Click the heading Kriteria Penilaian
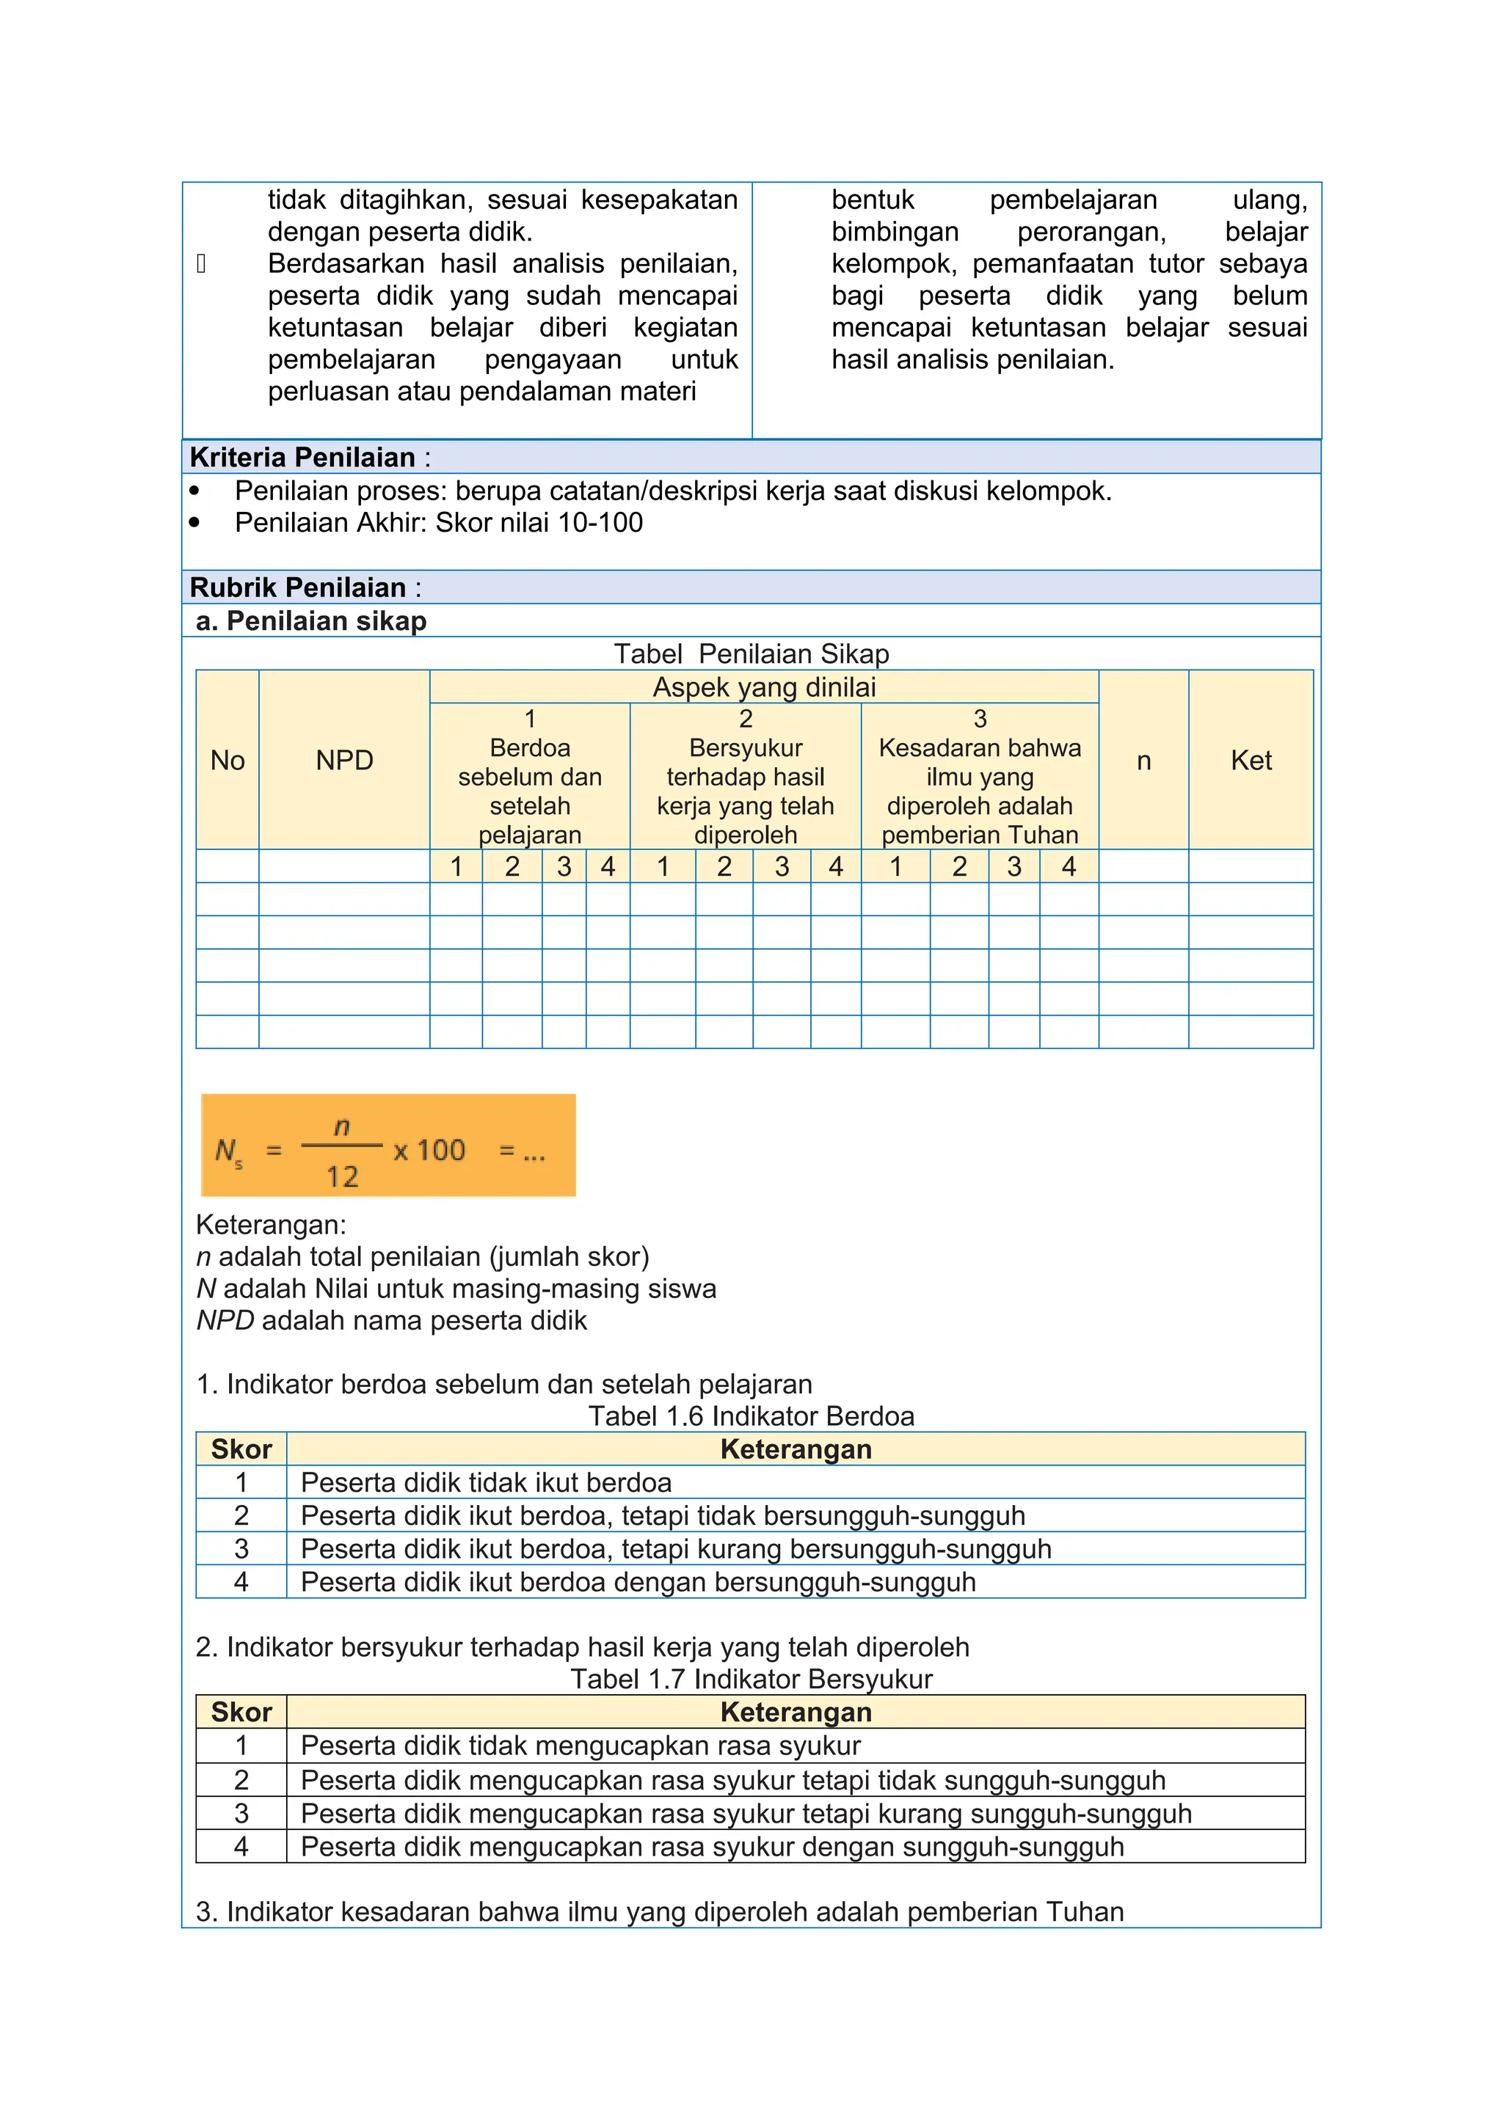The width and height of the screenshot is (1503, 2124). tap(302, 457)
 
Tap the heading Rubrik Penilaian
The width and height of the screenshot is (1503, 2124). tap(297, 587)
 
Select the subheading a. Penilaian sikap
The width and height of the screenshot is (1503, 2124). tap(311, 620)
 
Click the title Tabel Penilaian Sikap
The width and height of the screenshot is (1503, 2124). tap(751, 654)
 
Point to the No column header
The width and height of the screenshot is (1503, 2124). tap(227, 761)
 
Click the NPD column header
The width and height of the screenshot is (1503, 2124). tap(344, 761)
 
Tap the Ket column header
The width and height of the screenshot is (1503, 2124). tap(1251, 761)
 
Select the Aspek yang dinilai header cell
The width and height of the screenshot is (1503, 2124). tap(763, 687)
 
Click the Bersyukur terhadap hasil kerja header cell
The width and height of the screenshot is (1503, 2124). tap(745, 777)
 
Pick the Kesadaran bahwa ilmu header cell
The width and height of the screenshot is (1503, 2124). tap(979, 777)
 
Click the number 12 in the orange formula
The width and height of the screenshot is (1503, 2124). tap(341, 1176)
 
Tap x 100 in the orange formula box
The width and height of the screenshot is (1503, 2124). tap(429, 1150)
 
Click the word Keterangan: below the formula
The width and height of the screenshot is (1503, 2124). tap(271, 1225)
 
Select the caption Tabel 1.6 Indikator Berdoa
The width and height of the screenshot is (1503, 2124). tap(751, 1416)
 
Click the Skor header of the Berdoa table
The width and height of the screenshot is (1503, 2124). tap(241, 1449)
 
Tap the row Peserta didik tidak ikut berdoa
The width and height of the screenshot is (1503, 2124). tap(486, 1483)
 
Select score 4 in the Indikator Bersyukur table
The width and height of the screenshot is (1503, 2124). tap(241, 1847)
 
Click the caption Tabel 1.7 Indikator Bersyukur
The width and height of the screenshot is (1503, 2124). tap(751, 1679)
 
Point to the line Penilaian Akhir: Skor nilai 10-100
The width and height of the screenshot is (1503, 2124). tap(439, 523)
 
